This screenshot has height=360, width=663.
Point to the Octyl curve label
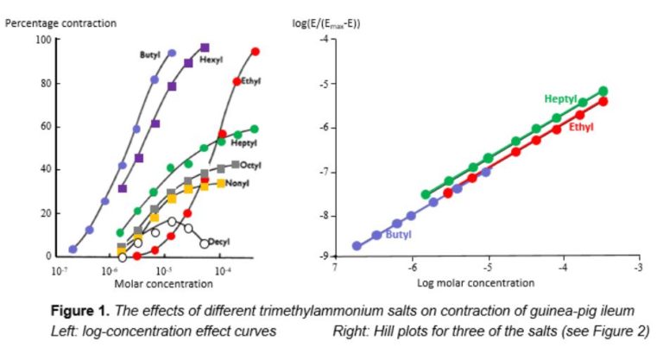point(251,165)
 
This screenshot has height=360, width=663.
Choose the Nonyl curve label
point(237,184)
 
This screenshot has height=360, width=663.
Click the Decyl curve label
point(223,243)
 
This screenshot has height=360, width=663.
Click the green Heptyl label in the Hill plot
point(560,99)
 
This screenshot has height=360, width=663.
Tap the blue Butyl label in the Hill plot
point(398,233)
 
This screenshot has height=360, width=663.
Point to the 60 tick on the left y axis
point(45,126)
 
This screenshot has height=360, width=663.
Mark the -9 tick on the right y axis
point(323,256)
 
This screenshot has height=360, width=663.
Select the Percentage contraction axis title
point(60,23)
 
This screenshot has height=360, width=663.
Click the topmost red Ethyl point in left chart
point(255,52)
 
